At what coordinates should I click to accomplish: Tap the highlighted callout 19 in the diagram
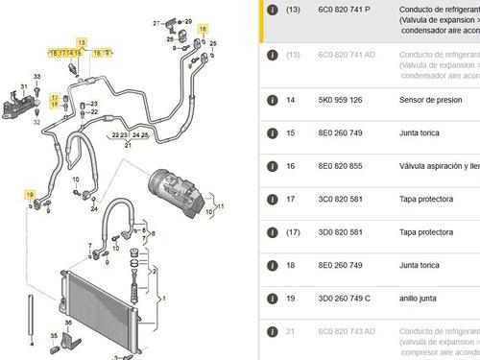31,195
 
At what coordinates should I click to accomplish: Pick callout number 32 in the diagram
36,122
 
